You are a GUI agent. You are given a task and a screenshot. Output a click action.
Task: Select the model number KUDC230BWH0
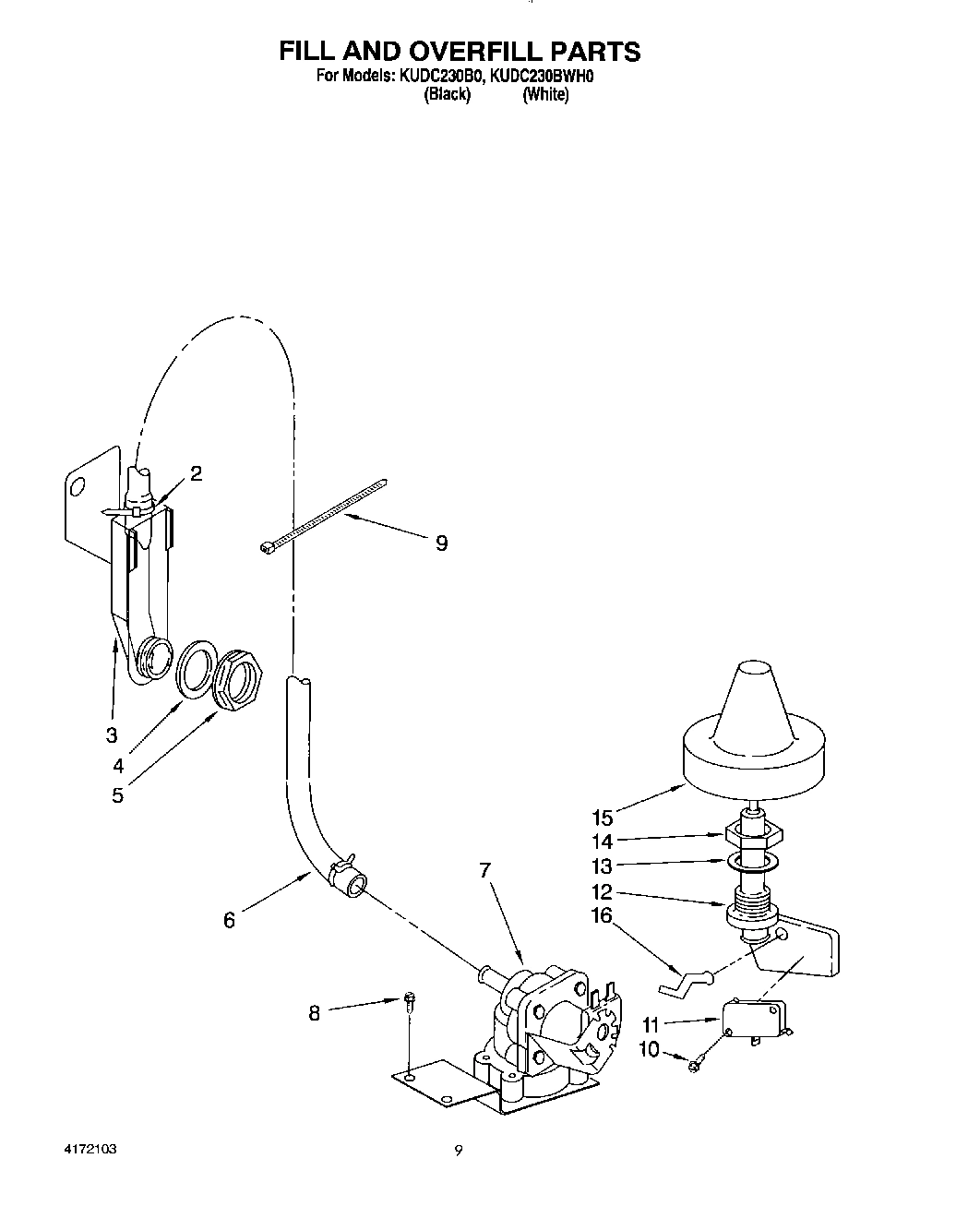pyautogui.click(x=540, y=77)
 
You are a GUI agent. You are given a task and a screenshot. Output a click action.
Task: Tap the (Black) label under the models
pyautogui.click(x=447, y=95)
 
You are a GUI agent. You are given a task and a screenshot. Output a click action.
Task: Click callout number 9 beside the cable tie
pyautogui.click(x=441, y=543)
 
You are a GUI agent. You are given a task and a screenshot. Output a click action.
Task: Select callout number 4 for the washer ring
pyautogui.click(x=118, y=765)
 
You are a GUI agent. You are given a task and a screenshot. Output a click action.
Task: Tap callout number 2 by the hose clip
pyautogui.click(x=196, y=473)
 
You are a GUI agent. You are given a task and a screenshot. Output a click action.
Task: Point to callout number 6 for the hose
pyautogui.click(x=229, y=920)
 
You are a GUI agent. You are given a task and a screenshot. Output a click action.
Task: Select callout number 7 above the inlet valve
pyautogui.click(x=485, y=869)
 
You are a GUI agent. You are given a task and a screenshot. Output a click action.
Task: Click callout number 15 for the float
pyautogui.click(x=603, y=818)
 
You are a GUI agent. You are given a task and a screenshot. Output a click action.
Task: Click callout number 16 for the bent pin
pyautogui.click(x=602, y=914)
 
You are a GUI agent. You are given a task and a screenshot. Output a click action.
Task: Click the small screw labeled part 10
pyautogui.click(x=692, y=1065)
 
